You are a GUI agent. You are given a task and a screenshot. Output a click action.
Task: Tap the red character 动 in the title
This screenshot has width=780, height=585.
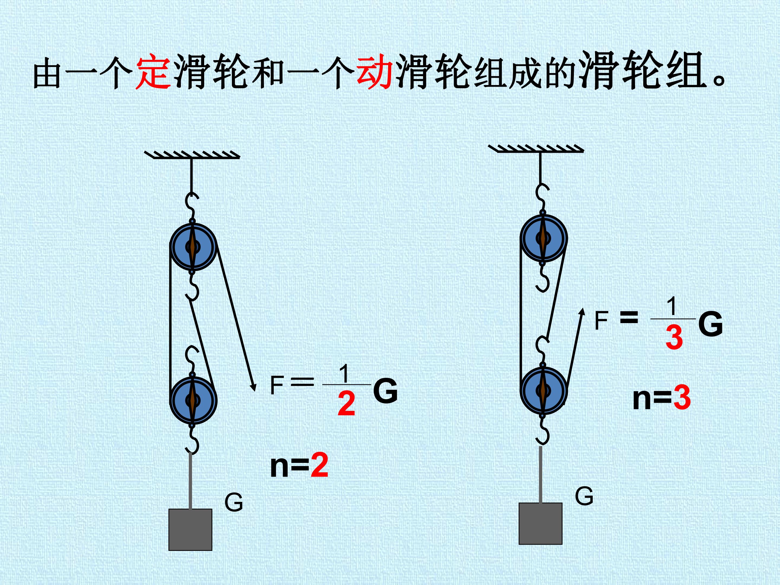tap(375, 71)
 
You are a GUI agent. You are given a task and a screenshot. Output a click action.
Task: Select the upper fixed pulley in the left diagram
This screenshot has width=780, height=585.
tap(193, 246)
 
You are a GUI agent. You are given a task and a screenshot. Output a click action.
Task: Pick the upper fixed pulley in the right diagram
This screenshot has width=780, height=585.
tap(543, 238)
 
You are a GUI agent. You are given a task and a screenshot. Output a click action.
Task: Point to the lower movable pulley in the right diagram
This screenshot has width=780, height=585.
tap(543, 390)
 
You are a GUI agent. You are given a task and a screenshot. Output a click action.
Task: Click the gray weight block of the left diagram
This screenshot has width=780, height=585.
tap(190, 530)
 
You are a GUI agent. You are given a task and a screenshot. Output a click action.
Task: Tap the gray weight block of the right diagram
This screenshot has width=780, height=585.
tap(541, 524)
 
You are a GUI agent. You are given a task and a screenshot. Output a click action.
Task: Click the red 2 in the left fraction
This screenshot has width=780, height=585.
tap(346, 404)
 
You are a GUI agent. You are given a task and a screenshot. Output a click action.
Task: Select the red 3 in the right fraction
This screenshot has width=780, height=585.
tap(674, 337)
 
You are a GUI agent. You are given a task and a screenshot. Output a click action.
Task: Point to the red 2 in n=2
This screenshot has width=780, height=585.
tap(320, 466)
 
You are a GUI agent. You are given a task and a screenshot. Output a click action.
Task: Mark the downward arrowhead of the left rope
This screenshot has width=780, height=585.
tap(253, 386)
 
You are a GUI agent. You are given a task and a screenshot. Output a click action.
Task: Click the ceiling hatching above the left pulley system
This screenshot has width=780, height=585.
tap(193, 155)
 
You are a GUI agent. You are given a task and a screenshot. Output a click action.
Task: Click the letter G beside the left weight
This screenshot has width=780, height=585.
tap(234, 502)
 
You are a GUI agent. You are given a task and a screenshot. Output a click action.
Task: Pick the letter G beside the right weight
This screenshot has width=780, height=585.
tap(584, 496)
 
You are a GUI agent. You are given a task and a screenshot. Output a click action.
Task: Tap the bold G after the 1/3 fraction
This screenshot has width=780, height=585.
tap(711, 323)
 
